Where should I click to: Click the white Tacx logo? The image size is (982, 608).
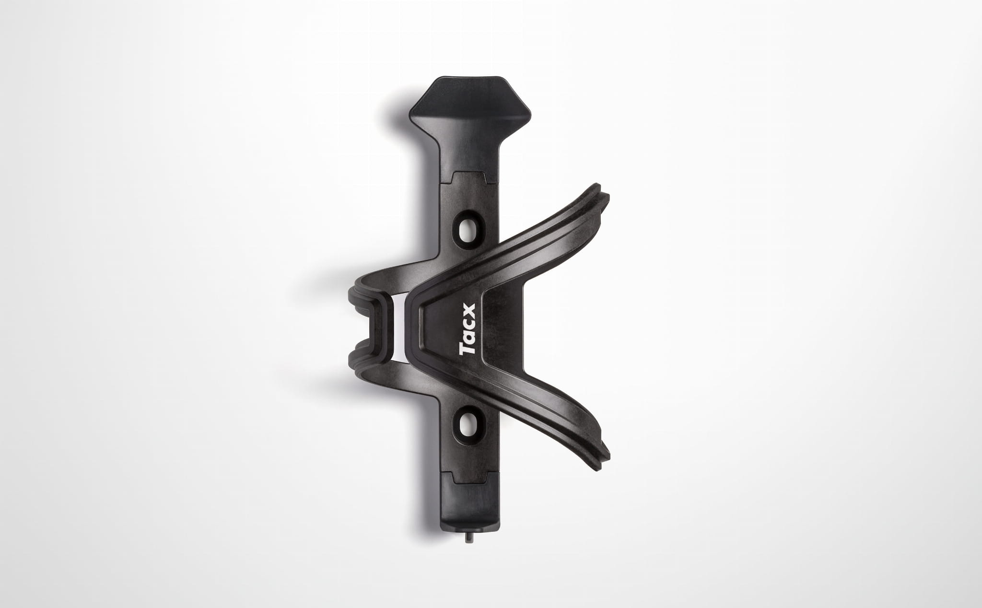point(468,330)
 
